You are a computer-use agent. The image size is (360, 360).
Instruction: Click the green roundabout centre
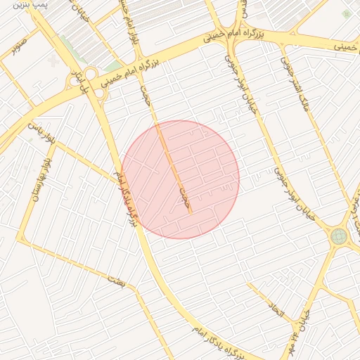tap(339, 236)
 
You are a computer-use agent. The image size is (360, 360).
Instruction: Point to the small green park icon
tap(345, 13)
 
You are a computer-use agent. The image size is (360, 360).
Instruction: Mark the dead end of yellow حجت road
tap(191, 212)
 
